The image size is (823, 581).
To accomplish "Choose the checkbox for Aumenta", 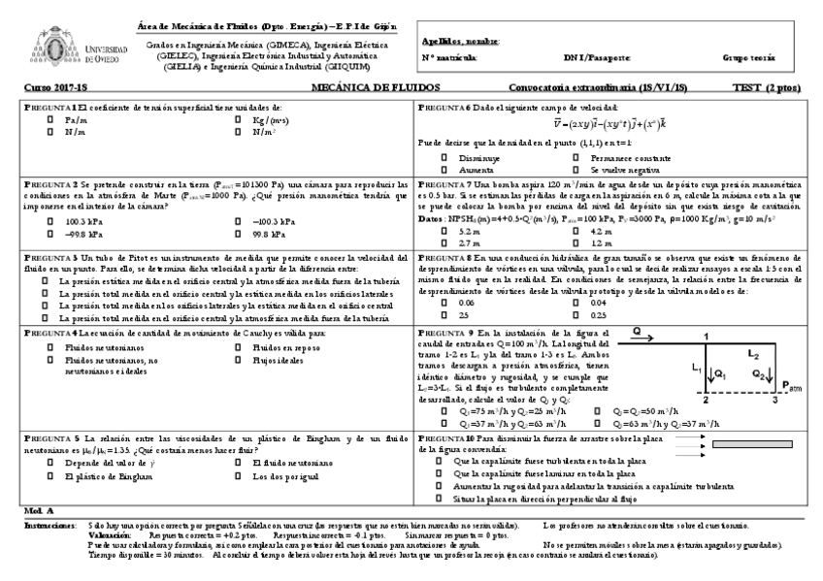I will tap(444, 168).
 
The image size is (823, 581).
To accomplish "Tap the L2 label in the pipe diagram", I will tap(752, 356).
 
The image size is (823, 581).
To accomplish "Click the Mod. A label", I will tap(37, 509).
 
